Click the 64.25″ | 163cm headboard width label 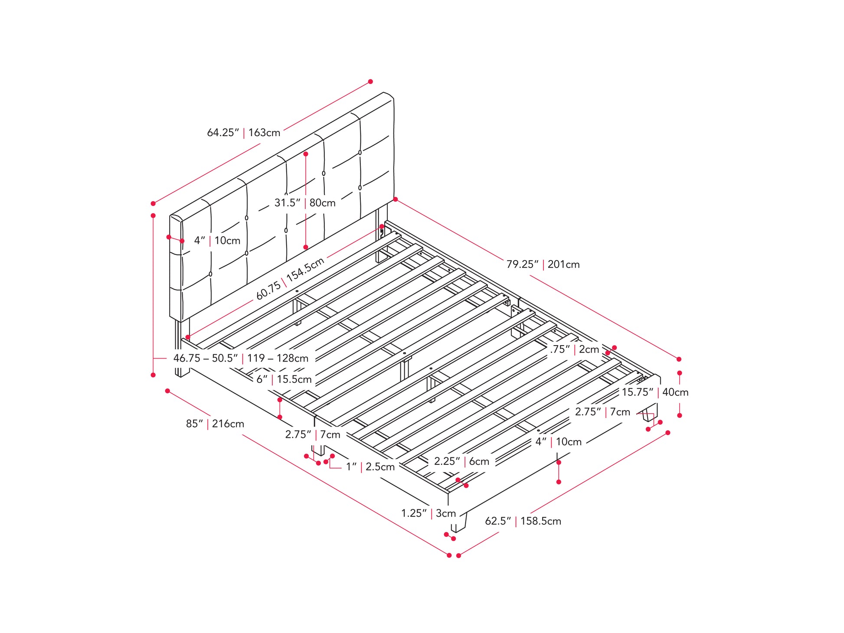(243, 132)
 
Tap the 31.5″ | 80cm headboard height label (305, 202)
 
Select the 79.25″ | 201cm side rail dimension (543, 264)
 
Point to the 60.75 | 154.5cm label (290, 279)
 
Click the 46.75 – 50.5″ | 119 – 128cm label (241, 358)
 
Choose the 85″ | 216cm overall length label (215, 424)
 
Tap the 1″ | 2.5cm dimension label (370, 467)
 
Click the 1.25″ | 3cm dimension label (429, 513)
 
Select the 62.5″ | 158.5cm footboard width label (523, 521)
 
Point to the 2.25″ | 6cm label (462, 461)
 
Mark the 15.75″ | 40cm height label (655, 392)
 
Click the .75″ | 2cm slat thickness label (575, 349)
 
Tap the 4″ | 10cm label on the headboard (217, 240)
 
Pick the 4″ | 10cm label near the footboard (558, 442)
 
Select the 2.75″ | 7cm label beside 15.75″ (602, 411)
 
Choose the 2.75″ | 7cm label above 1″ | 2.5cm (313, 434)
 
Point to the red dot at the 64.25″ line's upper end (370, 82)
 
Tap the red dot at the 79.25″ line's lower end (679, 359)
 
